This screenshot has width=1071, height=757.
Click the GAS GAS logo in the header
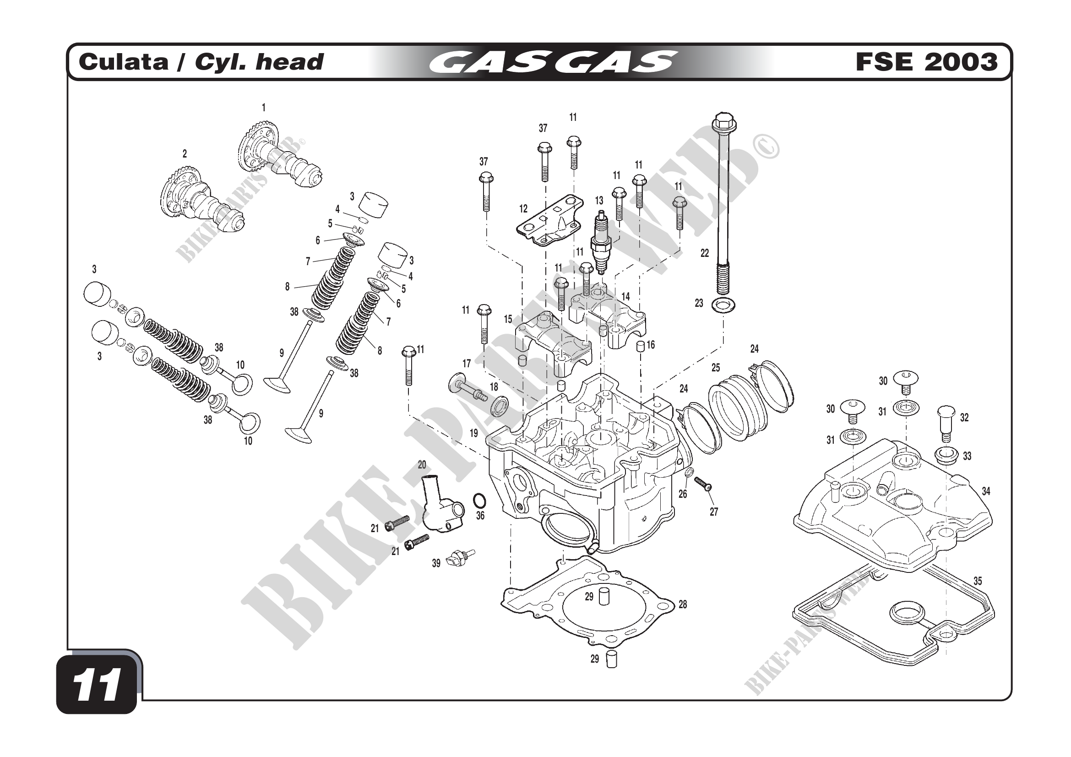[x=552, y=62]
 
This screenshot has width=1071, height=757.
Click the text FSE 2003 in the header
[x=926, y=62]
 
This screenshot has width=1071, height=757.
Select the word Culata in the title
[x=123, y=62]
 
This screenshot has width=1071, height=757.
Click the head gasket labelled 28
[x=588, y=606]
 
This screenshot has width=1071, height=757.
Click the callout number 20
[x=422, y=464]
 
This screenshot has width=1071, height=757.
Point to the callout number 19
[x=473, y=433]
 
